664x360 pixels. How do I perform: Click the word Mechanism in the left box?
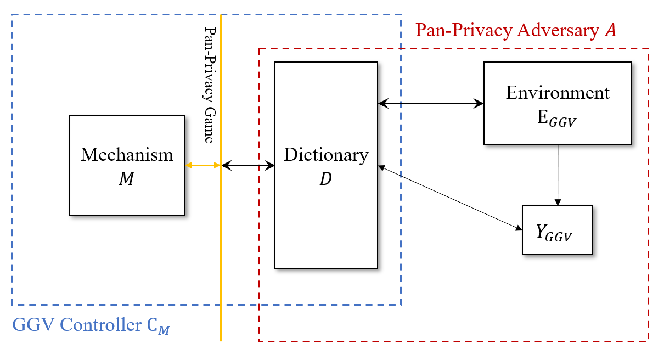[127, 155]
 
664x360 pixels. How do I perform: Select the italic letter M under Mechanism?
[126, 179]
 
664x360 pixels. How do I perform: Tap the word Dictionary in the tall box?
[326, 155]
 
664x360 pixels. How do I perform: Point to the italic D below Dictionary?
[325, 179]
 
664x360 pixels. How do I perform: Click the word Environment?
[558, 92]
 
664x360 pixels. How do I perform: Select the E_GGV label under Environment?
[558, 117]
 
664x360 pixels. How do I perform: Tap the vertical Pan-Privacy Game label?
[209, 85]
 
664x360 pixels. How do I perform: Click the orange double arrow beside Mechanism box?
[202, 165]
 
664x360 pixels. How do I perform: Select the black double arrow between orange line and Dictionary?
[247, 165]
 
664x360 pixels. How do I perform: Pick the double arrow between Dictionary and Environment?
[431, 103]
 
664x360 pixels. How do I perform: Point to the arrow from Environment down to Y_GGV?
[558, 173]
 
